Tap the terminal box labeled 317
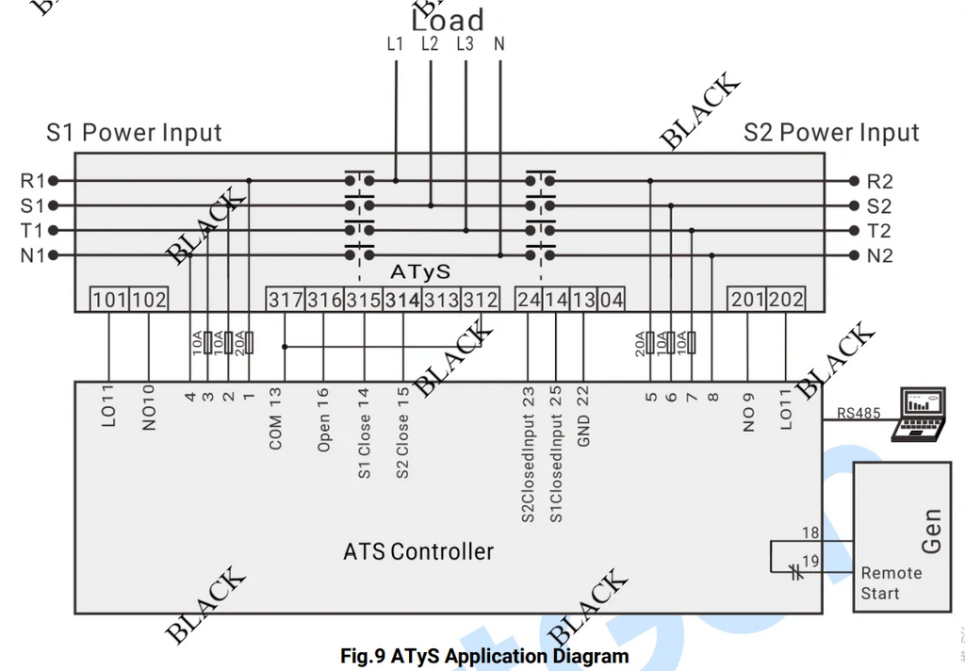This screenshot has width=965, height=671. tap(285, 299)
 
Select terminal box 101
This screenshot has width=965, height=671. tap(109, 299)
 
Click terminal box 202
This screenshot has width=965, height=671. tap(786, 299)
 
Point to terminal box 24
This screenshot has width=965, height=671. tap(528, 299)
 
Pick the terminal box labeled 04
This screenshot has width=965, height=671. tap(611, 299)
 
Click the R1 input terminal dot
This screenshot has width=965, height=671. tap(54, 181)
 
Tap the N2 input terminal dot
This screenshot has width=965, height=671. tap(854, 254)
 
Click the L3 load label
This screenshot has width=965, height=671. tap(466, 43)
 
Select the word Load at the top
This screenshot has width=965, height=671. tap(448, 20)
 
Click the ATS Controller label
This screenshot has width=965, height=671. tap(418, 551)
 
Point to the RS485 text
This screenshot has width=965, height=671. tap(859, 413)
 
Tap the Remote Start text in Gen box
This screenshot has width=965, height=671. tap(891, 583)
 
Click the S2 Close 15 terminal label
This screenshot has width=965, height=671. tap(402, 433)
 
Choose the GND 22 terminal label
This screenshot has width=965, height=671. tap(582, 416)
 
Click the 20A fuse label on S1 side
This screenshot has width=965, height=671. tap(239, 343)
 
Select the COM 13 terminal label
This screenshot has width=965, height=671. tap(275, 418)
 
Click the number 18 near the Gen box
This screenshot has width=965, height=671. tap(810, 532)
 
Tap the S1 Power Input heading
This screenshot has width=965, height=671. tap(134, 132)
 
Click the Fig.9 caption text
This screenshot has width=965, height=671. tap(484, 656)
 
